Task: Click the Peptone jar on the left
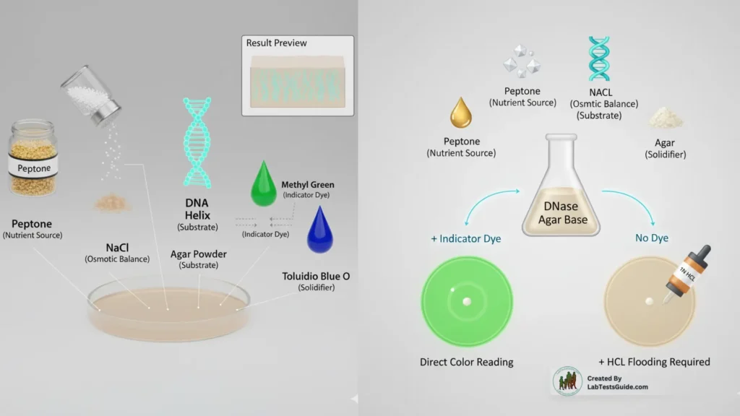click(33, 157)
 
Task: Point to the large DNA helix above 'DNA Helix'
click(197, 142)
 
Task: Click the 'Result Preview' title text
click(277, 43)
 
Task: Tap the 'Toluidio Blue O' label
click(316, 276)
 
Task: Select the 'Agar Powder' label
click(198, 253)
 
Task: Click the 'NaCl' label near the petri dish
click(117, 248)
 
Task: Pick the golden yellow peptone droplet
click(461, 113)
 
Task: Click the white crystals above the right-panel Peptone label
click(522, 61)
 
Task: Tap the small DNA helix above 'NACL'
click(599, 59)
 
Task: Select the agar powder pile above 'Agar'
click(666, 118)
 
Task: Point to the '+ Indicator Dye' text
click(466, 238)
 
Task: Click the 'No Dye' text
click(651, 238)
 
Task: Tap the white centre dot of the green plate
click(467, 301)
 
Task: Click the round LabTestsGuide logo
click(567, 381)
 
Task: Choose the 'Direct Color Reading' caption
click(466, 362)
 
